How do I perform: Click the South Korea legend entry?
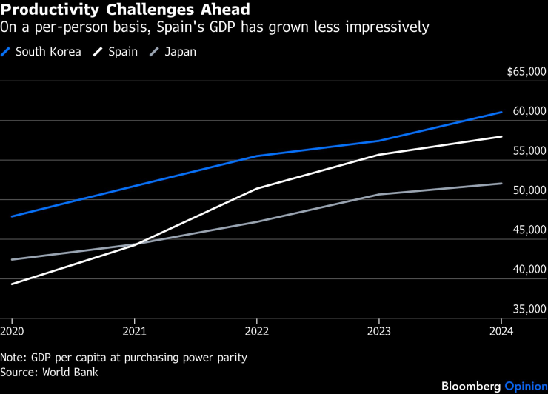tap(41, 52)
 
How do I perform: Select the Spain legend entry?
tap(116, 52)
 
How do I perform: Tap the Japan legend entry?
tap(173, 52)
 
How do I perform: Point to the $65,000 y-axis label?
tap(527, 72)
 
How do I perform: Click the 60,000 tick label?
tap(529, 111)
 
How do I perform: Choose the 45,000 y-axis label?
tap(529, 230)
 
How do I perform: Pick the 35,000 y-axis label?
tap(529, 309)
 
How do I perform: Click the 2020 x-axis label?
tap(13, 331)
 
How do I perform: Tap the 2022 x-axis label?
tap(257, 331)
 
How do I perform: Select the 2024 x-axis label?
tap(501, 331)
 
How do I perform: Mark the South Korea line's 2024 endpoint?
tap(501, 113)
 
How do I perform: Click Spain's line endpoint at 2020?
tap(13, 284)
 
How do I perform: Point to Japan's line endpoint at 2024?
tap(501, 184)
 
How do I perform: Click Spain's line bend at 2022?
tap(257, 189)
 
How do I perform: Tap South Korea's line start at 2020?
tap(13, 216)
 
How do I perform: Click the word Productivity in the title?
tap(50, 10)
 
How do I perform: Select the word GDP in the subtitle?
tap(222, 27)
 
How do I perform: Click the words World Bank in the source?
tap(70, 372)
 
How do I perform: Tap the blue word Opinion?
tap(526, 387)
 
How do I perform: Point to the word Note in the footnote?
tap(13, 358)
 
